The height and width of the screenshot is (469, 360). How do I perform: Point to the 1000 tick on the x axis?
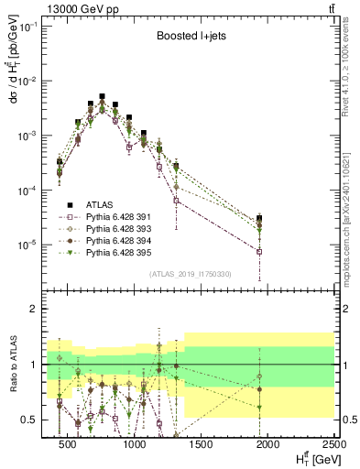[x=134, y=444]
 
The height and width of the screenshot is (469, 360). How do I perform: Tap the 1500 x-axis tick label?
[x=201, y=444]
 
